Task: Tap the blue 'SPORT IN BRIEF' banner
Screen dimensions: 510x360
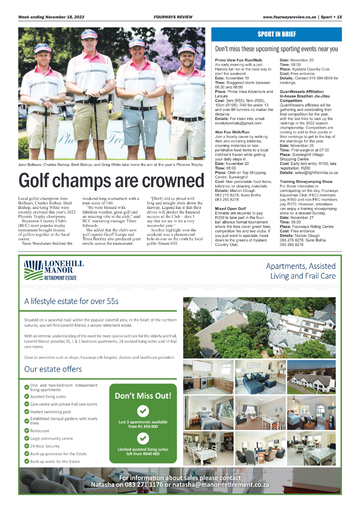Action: pos(276,34)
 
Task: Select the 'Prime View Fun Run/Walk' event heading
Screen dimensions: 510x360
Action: pos(239,60)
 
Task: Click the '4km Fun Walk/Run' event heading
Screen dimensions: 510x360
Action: pos(232,132)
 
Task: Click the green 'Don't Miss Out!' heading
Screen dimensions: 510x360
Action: pos(143,395)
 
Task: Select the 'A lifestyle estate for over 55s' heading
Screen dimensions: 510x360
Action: pos(71,301)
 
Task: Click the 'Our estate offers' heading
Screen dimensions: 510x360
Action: pos(53,369)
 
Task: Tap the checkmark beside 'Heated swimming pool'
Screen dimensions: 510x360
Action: pos(27,412)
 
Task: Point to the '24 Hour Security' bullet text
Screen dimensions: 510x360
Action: pos(45,446)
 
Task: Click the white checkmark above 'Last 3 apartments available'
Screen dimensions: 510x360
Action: pos(143,410)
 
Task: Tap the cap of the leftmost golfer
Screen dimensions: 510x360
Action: pos(43,48)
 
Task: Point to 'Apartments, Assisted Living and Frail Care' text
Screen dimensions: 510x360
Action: pos(301,271)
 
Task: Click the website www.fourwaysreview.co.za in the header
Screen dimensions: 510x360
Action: pos(289,17)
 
